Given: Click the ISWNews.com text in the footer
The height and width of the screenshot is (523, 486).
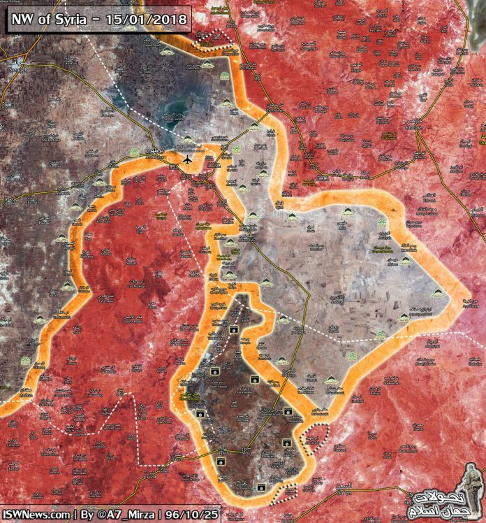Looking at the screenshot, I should pyautogui.click(x=36, y=514).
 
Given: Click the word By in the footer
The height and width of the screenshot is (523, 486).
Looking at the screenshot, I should pyautogui.click(x=87, y=514).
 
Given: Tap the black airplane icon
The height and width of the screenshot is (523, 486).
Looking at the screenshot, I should pyautogui.click(x=186, y=161).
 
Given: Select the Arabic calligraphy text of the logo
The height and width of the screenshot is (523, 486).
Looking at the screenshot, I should pyautogui.click(x=436, y=501).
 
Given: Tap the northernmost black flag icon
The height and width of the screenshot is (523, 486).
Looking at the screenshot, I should pyautogui.click(x=235, y=328).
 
